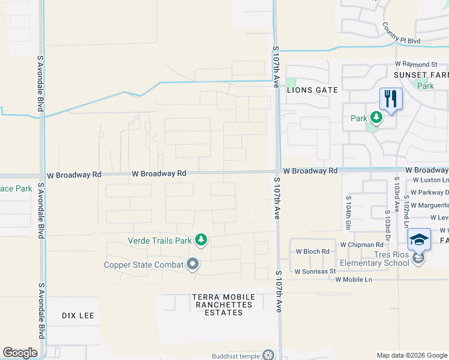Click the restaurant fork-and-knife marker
click(x=391, y=99)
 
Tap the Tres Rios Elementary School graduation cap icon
click(x=419, y=240)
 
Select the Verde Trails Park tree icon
click(x=201, y=241)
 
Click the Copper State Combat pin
click(x=193, y=264)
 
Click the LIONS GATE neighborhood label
click(x=312, y=90)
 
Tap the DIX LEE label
click(x=78, y=316)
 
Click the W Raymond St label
click(x=416, y=64)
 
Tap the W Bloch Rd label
click(x=313, y=251)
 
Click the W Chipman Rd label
click(x=361, y=245)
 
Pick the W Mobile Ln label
click(x=354, y=280)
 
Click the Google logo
click(x=20, y=353)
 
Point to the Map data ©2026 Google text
click(x=412, y=355)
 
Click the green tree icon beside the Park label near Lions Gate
click(x=376, y=118)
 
